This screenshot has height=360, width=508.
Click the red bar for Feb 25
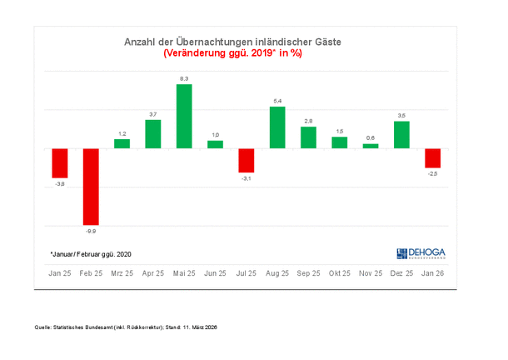click(x=91, y=187)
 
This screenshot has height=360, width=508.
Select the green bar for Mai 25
click(x=184, y=116)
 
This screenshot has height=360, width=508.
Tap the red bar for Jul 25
click(x=246, y=160)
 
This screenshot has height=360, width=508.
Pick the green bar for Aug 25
click(x=277, y=127)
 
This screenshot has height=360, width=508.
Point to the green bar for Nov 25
click(x=371, y=146)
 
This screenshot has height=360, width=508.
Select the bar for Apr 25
click(x=153, y=134)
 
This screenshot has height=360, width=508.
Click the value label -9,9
click(x=91, y=230)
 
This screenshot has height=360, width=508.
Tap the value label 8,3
click(x=184, y=78)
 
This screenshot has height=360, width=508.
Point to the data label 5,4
click(x=277, y=101)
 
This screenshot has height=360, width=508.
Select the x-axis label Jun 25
click(x=216, y=272)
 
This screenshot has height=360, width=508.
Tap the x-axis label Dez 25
click(x=401, y=272)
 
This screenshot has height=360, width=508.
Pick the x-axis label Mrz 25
click(x=122, y=272)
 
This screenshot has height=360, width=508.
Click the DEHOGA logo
click(x=420, y=252)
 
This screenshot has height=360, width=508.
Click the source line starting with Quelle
click(x=125, y=327)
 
